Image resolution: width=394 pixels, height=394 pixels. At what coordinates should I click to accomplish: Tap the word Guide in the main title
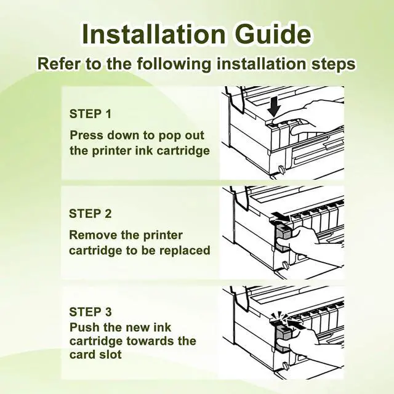271,34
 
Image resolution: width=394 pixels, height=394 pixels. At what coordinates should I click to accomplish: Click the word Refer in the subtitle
59,63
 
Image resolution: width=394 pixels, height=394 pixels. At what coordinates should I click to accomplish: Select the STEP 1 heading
90,115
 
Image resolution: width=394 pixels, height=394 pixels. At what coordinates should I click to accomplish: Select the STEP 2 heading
90,214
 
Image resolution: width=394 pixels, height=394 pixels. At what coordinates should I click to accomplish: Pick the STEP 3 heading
90,312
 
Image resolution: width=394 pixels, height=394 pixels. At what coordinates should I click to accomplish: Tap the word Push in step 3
82,326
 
